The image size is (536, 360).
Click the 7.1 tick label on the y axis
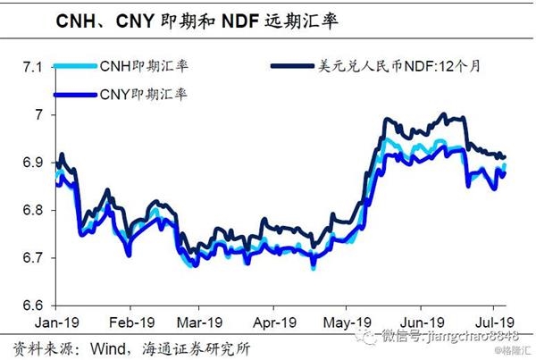[x=33, y=67]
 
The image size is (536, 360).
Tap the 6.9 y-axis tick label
[x=33, y=163]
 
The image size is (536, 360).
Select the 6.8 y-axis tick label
[x=33, y=211]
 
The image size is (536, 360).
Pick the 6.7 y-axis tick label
[x=33, y=258]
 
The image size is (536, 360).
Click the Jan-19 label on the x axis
[x=54, y=321]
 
